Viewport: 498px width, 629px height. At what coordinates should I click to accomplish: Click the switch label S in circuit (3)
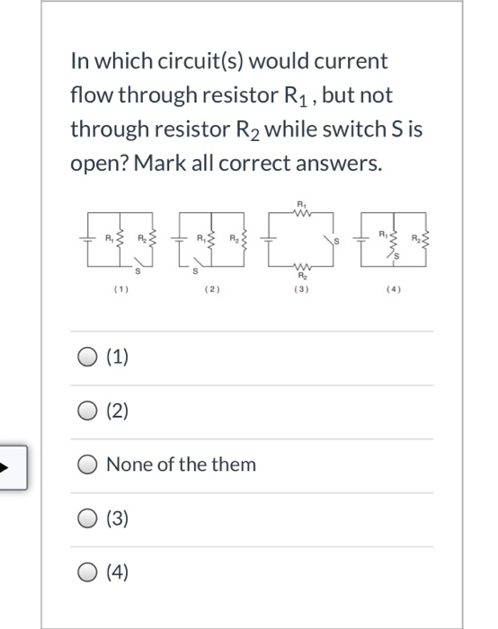[339, 243]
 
